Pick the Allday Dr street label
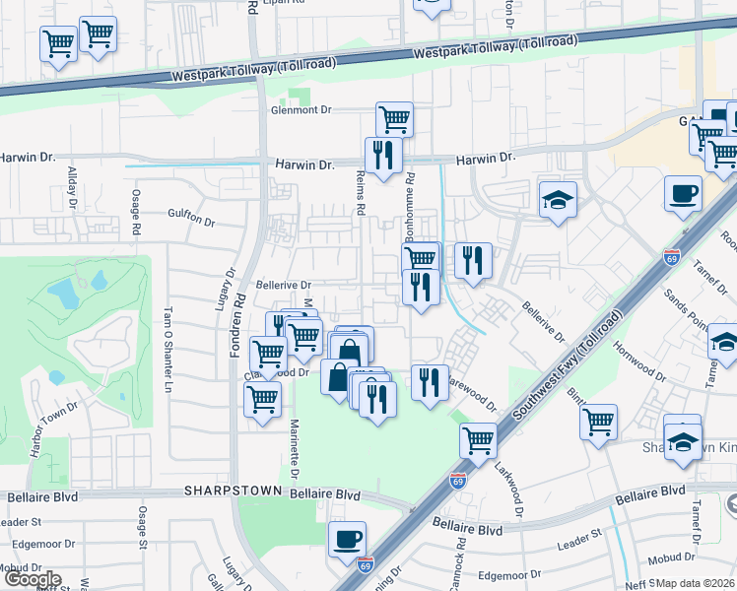(72, 187)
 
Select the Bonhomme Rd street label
(411, 210)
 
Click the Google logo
(32, 579)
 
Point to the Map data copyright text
(696, 582)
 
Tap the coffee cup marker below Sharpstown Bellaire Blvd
(347, 540)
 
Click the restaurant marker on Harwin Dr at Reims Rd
(383, 155)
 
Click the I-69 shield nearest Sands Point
(673, 254)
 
